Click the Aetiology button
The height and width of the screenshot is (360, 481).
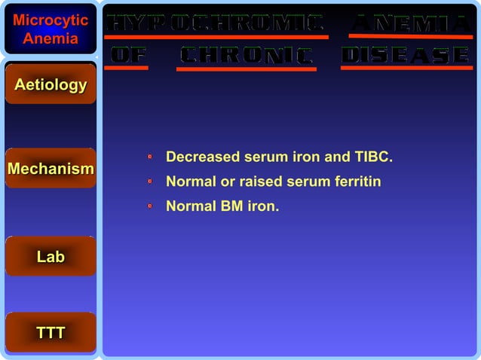[51, 85]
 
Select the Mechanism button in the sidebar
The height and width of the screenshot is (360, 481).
[51, 169]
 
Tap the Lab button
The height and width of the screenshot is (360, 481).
[51, 257]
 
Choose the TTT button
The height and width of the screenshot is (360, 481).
[51, 333]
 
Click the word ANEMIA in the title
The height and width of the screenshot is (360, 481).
[411, 23]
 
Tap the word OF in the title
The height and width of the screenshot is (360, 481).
[129, 55]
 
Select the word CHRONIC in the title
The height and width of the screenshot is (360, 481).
[247, 56]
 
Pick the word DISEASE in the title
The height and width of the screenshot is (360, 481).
[406, 55]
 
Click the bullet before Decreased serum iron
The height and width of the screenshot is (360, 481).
[150, 158]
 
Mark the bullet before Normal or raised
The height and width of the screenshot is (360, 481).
[150, 182]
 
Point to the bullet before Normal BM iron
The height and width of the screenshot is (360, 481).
[150, 205]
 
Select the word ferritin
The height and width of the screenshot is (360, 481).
[357, 182]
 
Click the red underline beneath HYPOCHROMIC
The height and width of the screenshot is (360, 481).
[217, 36]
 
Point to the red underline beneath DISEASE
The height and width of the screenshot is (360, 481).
[406, 68]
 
